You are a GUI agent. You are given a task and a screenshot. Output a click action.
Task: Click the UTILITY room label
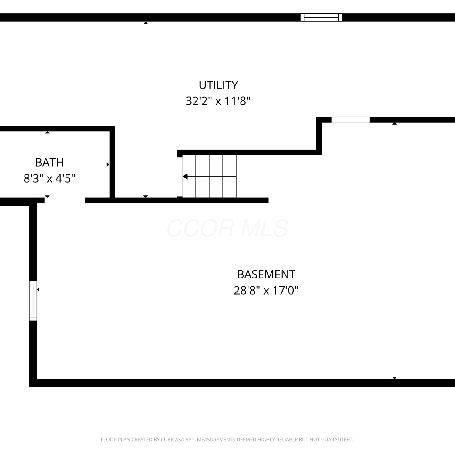(218, 85)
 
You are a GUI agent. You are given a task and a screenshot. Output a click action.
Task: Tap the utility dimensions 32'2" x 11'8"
(218, 101)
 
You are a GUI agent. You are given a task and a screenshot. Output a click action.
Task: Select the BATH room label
(49, 163)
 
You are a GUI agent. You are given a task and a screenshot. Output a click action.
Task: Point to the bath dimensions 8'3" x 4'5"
(49, 178)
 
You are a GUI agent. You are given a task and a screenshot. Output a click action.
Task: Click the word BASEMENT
(266, 275)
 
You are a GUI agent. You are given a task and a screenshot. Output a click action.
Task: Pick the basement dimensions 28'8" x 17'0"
(266, 291)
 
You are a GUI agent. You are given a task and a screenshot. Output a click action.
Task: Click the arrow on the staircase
(209, 176)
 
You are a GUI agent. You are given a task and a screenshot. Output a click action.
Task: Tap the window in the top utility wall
(321, 17)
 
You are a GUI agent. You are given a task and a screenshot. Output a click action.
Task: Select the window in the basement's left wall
(33, 301)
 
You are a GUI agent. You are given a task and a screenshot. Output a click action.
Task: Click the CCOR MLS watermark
(227, 228)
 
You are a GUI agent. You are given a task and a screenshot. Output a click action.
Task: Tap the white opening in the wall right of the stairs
(350, 120)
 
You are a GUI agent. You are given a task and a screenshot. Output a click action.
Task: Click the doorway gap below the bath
(65, 201)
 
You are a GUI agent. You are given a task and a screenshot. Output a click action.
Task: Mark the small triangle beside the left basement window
(38, 290)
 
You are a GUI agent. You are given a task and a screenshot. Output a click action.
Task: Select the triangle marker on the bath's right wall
(108, 165)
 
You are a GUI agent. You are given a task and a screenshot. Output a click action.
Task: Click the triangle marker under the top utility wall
(146, 23)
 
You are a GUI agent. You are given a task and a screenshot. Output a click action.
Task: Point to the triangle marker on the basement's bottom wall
(394, 378)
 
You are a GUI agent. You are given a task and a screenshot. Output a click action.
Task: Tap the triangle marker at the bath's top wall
(47, 132)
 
